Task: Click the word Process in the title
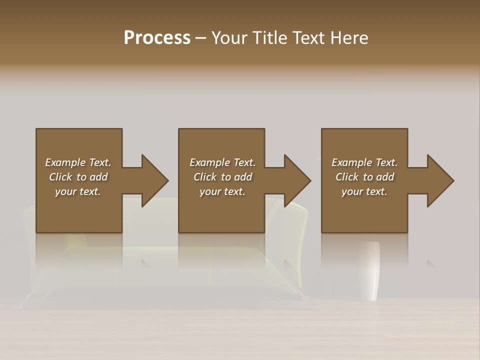[157, 38]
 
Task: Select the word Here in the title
[349, 38]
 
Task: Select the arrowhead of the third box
[440, 180]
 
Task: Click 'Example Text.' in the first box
[78, 162]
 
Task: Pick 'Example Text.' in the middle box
[222, 162]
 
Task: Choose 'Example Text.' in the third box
[364, 162]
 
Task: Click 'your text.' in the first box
[78, 191]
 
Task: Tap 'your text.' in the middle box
[222, 191]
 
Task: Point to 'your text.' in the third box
[364, 191]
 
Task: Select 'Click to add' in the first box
[78, 177]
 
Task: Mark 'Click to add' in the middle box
[222, 177]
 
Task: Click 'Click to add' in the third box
[364, 177]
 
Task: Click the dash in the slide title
[200, 38]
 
